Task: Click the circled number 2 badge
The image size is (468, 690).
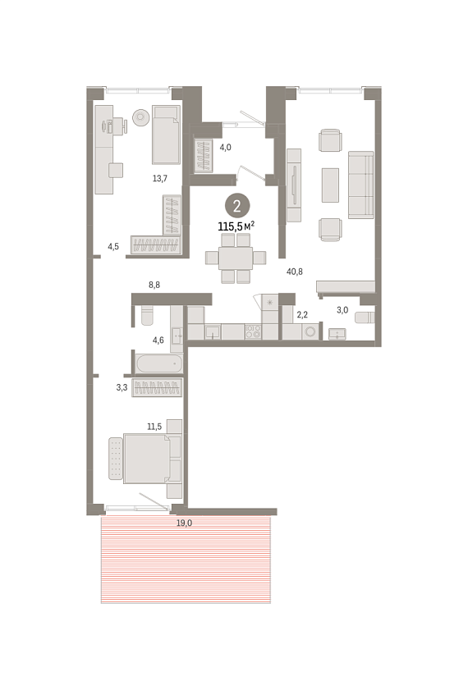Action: (237, 205)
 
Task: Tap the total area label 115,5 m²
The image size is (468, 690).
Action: (236, 226)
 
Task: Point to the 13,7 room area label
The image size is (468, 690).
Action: (160, 178)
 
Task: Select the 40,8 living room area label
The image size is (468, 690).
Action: (295, 272)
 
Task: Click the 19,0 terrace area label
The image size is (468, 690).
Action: (184, 523)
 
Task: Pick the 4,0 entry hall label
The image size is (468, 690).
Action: (226, 148)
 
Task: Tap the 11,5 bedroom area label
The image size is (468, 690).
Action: (154, 427)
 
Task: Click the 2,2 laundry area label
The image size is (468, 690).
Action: (302, 314)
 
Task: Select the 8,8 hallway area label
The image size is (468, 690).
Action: (154, 285)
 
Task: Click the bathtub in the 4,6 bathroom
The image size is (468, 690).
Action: (159, 364)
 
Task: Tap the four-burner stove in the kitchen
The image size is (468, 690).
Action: (253, 331)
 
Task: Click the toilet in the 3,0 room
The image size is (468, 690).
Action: (365, 318)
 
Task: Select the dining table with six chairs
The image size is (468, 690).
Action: (236, 258)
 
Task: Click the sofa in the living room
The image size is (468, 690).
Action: (361, 185)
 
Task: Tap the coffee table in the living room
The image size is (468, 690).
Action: (330, 185)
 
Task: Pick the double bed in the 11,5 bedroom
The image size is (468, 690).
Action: (145, 459)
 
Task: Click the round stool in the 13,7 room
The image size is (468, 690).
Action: (140, 117)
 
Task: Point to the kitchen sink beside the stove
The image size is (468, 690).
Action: (213, 331)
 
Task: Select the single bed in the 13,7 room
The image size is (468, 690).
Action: (166, 135)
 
